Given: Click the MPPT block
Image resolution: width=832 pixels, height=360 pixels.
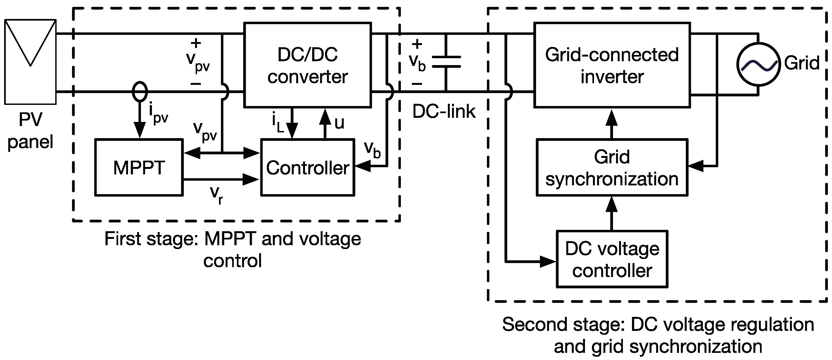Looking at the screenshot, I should click(139, 167).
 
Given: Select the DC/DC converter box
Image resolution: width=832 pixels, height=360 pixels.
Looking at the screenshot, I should click(307, 65).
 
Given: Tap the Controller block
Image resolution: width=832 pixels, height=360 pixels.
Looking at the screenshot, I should click(307, 167).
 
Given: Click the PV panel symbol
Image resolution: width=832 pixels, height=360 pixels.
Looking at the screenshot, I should click(30, 61).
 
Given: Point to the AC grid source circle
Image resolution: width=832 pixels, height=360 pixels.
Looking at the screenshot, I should click(758, 64).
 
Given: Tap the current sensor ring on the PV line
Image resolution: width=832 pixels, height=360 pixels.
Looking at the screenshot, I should click(140, 92).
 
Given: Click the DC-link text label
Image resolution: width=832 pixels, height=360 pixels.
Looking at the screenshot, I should click(444, 112).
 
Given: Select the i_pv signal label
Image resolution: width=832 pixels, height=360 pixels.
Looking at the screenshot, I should click(159, 113).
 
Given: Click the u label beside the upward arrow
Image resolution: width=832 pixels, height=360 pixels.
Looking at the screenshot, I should click(339, 123).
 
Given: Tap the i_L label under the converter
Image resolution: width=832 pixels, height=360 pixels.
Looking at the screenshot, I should click(278, 123).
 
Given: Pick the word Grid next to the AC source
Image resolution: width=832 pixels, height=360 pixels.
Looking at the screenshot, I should click(802, 63).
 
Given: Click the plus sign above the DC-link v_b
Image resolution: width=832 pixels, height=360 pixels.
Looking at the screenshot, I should click(417, 44).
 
